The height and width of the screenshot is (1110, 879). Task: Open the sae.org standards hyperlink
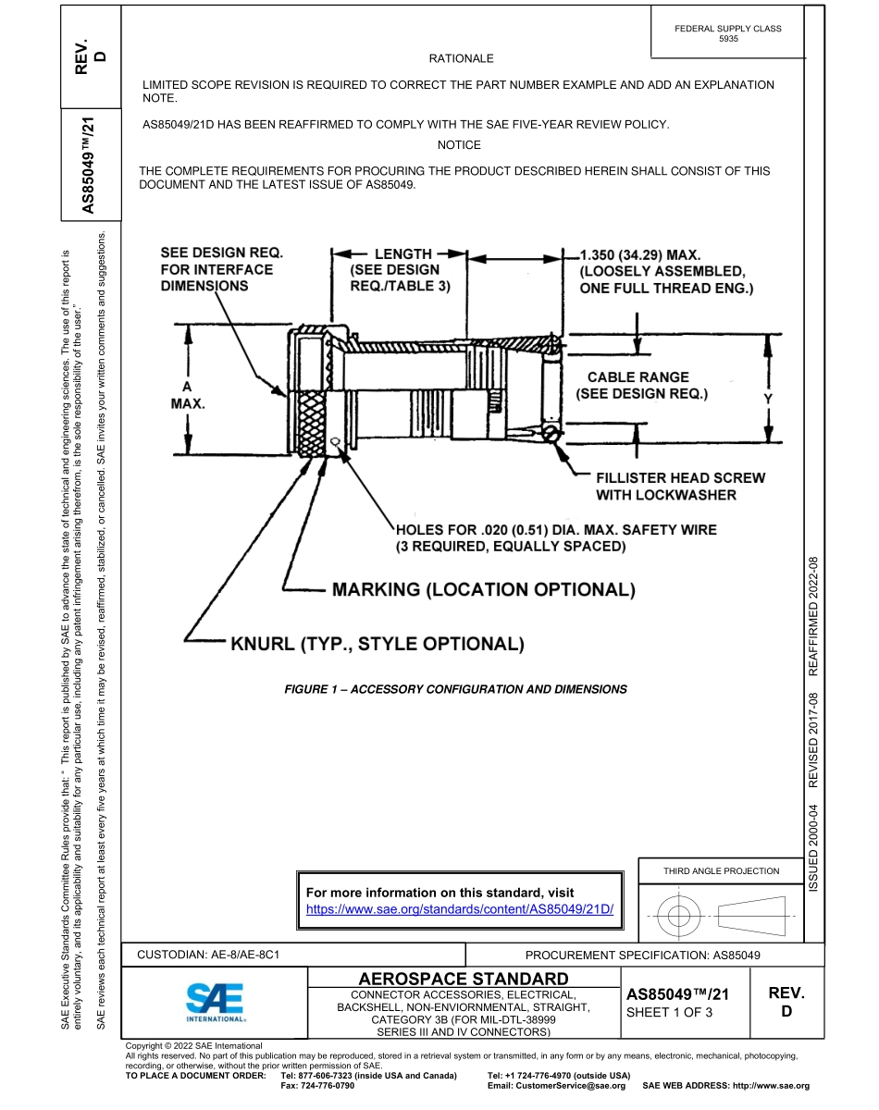click(x=460, y=909)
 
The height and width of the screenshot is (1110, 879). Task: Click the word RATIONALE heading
click(x=462, y=58)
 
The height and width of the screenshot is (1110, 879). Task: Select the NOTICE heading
click(x=459, y=144)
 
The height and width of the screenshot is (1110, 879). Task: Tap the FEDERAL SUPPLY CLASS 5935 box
click(x=727, y=34)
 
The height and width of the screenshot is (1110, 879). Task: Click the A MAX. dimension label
click(x=187, y=395)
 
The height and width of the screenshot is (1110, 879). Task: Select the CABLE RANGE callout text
click(x=638, y=385)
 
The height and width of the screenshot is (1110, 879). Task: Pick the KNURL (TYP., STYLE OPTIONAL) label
click(x=378, y=644)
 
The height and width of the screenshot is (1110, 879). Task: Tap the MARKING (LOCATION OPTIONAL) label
click(x=483, y=589)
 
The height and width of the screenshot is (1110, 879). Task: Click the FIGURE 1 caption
click(x=455, y=689)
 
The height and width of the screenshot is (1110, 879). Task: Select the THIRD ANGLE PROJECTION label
click(x=721, y=870)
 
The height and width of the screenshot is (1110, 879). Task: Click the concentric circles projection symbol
click(x=679, y=916)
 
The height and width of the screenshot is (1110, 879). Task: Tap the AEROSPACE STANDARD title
click(x=463, y=979)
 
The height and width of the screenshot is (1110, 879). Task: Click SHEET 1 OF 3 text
click(x=670, y=1012)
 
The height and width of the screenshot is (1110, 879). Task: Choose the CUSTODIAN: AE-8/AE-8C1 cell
click(x=209, y=954)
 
